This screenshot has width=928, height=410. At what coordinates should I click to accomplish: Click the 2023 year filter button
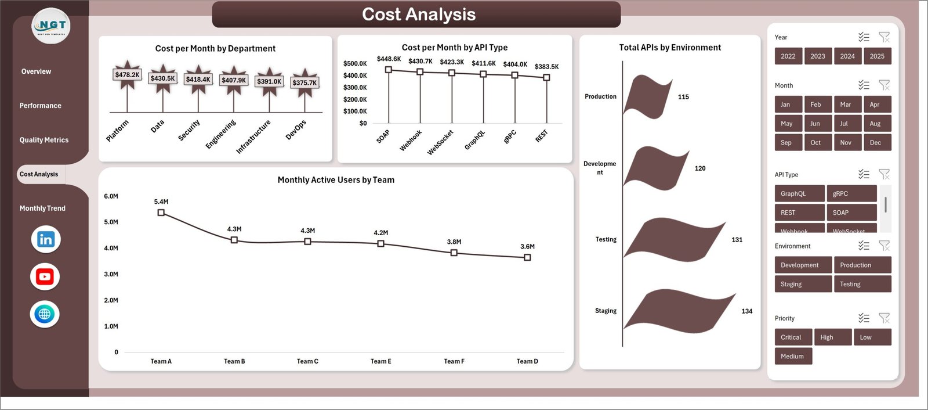pyautogui.click(x=818, y=56)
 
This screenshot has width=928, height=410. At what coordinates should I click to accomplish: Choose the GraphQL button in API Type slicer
pyautogui.click(x=799, y=193)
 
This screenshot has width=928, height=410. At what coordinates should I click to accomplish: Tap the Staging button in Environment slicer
pyautogui.click(x=803, y=284)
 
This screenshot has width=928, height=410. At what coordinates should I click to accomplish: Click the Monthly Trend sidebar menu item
pyautogui.click(x=42, y=208)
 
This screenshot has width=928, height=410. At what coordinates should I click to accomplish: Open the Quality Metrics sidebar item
pyautogui.click(x=44, y=140)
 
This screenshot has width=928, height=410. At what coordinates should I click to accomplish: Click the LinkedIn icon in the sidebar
pyautogui.click(x=45, y=239)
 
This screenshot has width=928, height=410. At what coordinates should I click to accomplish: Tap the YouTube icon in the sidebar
pyautogui.click(x=45, y=277)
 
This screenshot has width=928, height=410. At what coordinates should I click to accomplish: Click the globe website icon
pyautogui.click(x=45, y=314)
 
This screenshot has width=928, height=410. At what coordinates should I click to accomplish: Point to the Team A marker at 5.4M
pyautogui.click(x=161, y=213)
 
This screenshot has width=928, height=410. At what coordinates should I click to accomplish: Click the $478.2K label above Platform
pyautogui.click(x=127, y=75)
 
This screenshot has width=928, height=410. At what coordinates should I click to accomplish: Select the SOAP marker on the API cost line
pyautogui.click(x=389, y=70)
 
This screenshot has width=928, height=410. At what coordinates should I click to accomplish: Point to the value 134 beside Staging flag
pyautogui.click(x=747, y=311)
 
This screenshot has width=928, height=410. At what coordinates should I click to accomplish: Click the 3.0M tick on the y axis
pyautogui.click(x=111, y=274)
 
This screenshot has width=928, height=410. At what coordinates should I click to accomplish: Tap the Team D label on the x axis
pyautogui.click(x=527, y=361)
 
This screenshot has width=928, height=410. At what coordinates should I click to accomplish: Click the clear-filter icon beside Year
pyautogui.click(x=884, y=37)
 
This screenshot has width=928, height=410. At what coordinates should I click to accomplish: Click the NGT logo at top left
pyautogui.click(x=51, y=26)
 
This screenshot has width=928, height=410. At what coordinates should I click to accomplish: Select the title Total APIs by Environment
pyautogui.click(x=670, y=48)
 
